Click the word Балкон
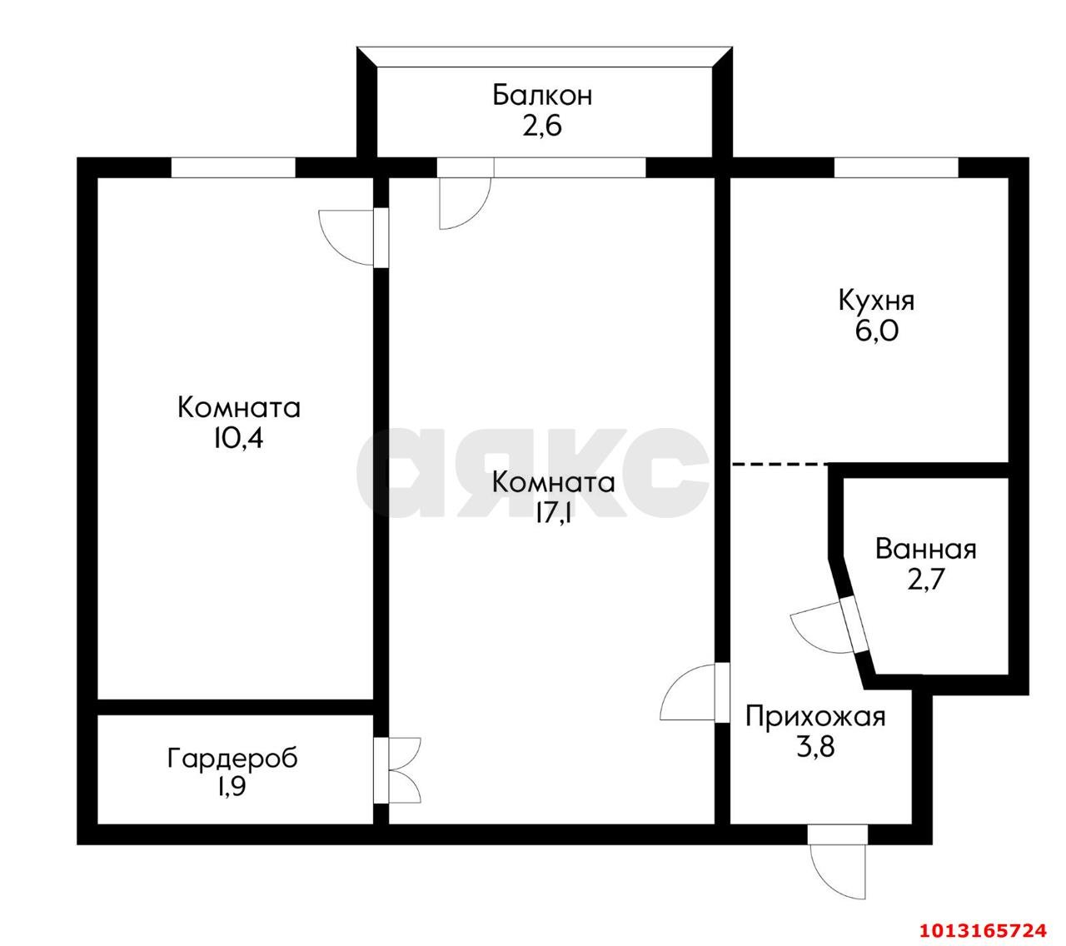pyautogui.click(x=542, y=95)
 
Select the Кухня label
pyautogui.click(x=876, y=300)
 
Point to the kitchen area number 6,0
pyautogui.click(x=876, y=331)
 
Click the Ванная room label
pyautogui.click(x=925, y=550)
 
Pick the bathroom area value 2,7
pyautogui.click(x=925, y=580)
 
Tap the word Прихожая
pyautogui.click(x=814, y=716)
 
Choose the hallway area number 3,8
pyautogui.click(x=815, y=746)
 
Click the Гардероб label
pyautogui.click(x=232, y=759)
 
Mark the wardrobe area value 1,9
pyautogui.click(x=232, y=788)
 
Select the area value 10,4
pyautogui.click(x=238, y=439)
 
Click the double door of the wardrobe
pyautogui.click(x=403, y=771)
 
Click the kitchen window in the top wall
pyautogui.click(x=896, y=167)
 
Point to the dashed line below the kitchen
pyautogui.click(x=780, y=463)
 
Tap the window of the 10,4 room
pyautogui.click(x=233, y=167)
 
